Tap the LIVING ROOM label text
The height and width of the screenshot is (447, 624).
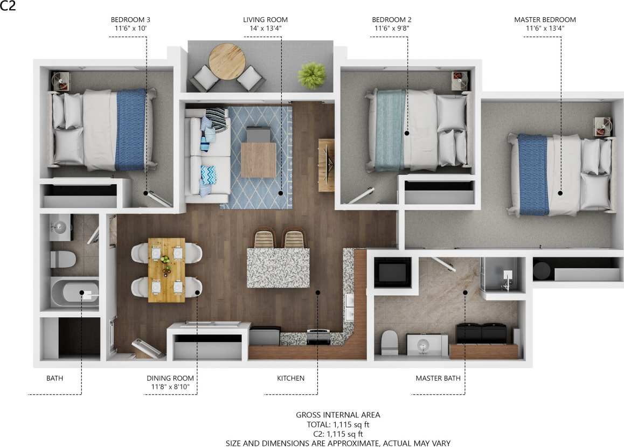265,20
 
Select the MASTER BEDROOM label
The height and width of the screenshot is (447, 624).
545,20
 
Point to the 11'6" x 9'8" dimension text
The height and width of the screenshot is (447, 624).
392,29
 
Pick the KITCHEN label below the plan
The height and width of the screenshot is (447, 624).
290,378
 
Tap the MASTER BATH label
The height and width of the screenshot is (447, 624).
438,378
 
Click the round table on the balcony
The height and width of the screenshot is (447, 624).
227,61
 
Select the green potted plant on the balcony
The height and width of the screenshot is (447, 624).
312,75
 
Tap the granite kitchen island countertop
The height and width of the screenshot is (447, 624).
278,268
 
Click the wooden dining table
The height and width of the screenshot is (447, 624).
166,269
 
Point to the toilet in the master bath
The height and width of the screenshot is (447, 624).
389,343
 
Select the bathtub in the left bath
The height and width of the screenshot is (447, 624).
75,294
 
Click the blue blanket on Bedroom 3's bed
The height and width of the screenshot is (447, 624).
131,129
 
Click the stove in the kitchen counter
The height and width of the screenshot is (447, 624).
318,337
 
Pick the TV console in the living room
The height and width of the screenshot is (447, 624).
326,165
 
